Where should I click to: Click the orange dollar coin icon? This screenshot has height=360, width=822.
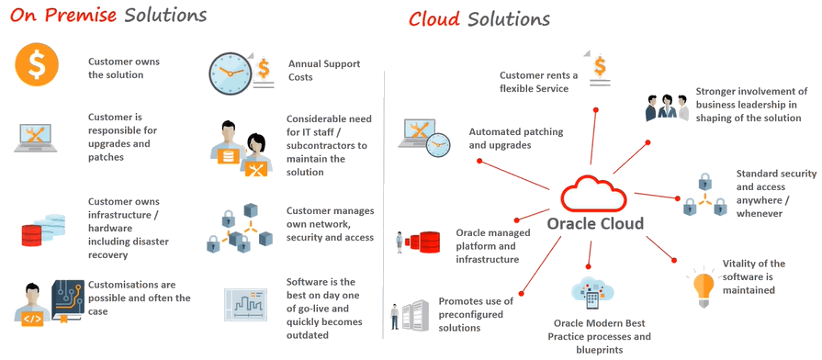(x=37, y=66)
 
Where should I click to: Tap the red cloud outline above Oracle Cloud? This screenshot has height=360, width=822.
(x=594, y=194)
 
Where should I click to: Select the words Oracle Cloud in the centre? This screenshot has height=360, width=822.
(x=595, y=223)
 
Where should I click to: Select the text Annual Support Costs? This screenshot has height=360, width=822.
(x=323, y=71)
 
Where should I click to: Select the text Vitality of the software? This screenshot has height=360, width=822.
(x=753, y=276)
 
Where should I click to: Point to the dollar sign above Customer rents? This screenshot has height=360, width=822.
(x=598, y=67)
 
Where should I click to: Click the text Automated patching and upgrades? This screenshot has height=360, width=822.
(x=515, y=139)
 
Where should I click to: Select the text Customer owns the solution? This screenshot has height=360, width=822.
(x=123, y=68)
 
